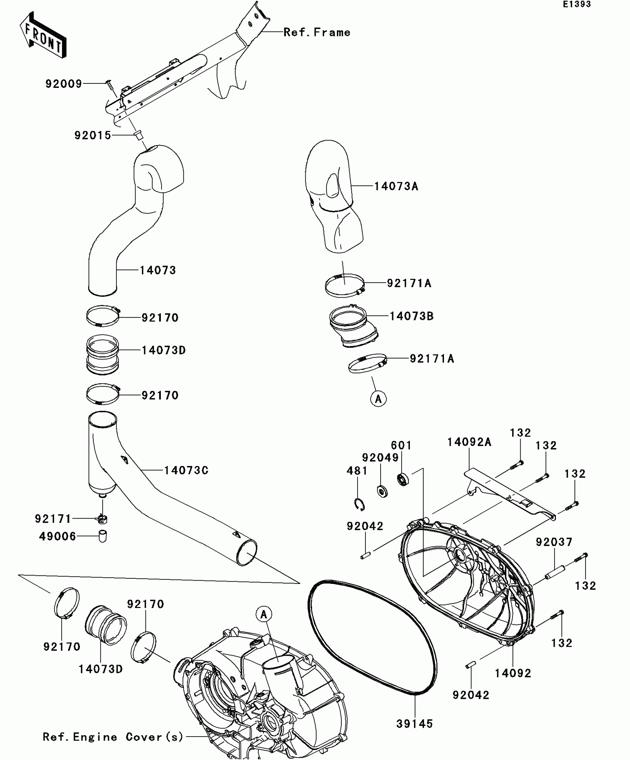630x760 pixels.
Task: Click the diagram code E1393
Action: [577, 4]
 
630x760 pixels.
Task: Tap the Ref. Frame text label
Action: [317, 33]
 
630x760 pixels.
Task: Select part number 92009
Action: [64, 84]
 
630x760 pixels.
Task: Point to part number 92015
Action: [93, 135]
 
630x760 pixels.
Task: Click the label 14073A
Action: [396, 186]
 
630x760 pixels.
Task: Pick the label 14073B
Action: [411, 316]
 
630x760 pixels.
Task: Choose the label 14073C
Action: [186, 470]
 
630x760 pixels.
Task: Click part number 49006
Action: [57, 536]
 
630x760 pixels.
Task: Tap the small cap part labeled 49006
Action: [102, 536]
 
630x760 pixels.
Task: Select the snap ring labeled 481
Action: [359, 505]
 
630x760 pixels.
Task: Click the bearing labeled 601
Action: [403, 479]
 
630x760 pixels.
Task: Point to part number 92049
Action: [380, 457]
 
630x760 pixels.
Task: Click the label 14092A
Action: [469, 442]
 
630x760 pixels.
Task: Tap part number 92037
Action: [554, 542]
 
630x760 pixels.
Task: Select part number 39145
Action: [415, 724]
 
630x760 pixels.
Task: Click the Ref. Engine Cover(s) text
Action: [113, 737]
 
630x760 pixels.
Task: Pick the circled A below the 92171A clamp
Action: [378, 399]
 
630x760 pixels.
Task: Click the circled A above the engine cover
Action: [264, 615]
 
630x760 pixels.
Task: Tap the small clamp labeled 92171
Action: [102, 519]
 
